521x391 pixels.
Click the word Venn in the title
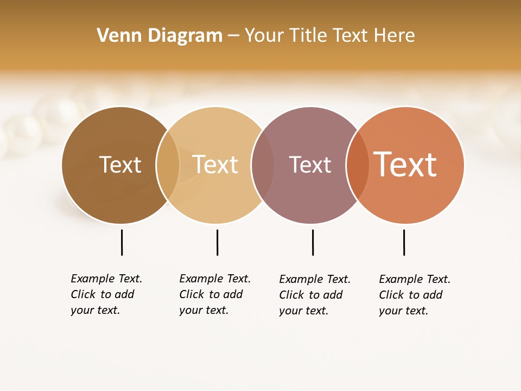point(114,36)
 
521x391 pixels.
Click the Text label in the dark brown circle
point(120,165)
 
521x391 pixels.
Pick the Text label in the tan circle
point(215,165)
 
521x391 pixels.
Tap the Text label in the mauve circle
point(310,165)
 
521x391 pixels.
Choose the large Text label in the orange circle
point(405,165)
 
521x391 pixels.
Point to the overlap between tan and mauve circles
point(263,165)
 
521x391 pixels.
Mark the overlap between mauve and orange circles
point(357,165)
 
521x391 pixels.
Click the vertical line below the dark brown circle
point(122,242)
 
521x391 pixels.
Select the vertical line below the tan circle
point(217,242)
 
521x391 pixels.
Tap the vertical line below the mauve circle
point(313,242)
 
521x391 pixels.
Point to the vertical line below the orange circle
point(404,242)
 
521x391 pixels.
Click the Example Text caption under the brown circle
point(106,294)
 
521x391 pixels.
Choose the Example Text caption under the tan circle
point(215,294)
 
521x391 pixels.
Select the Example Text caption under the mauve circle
point(315,295)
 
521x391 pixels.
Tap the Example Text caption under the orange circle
point(415,295)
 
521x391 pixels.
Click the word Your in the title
point(264,36)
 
